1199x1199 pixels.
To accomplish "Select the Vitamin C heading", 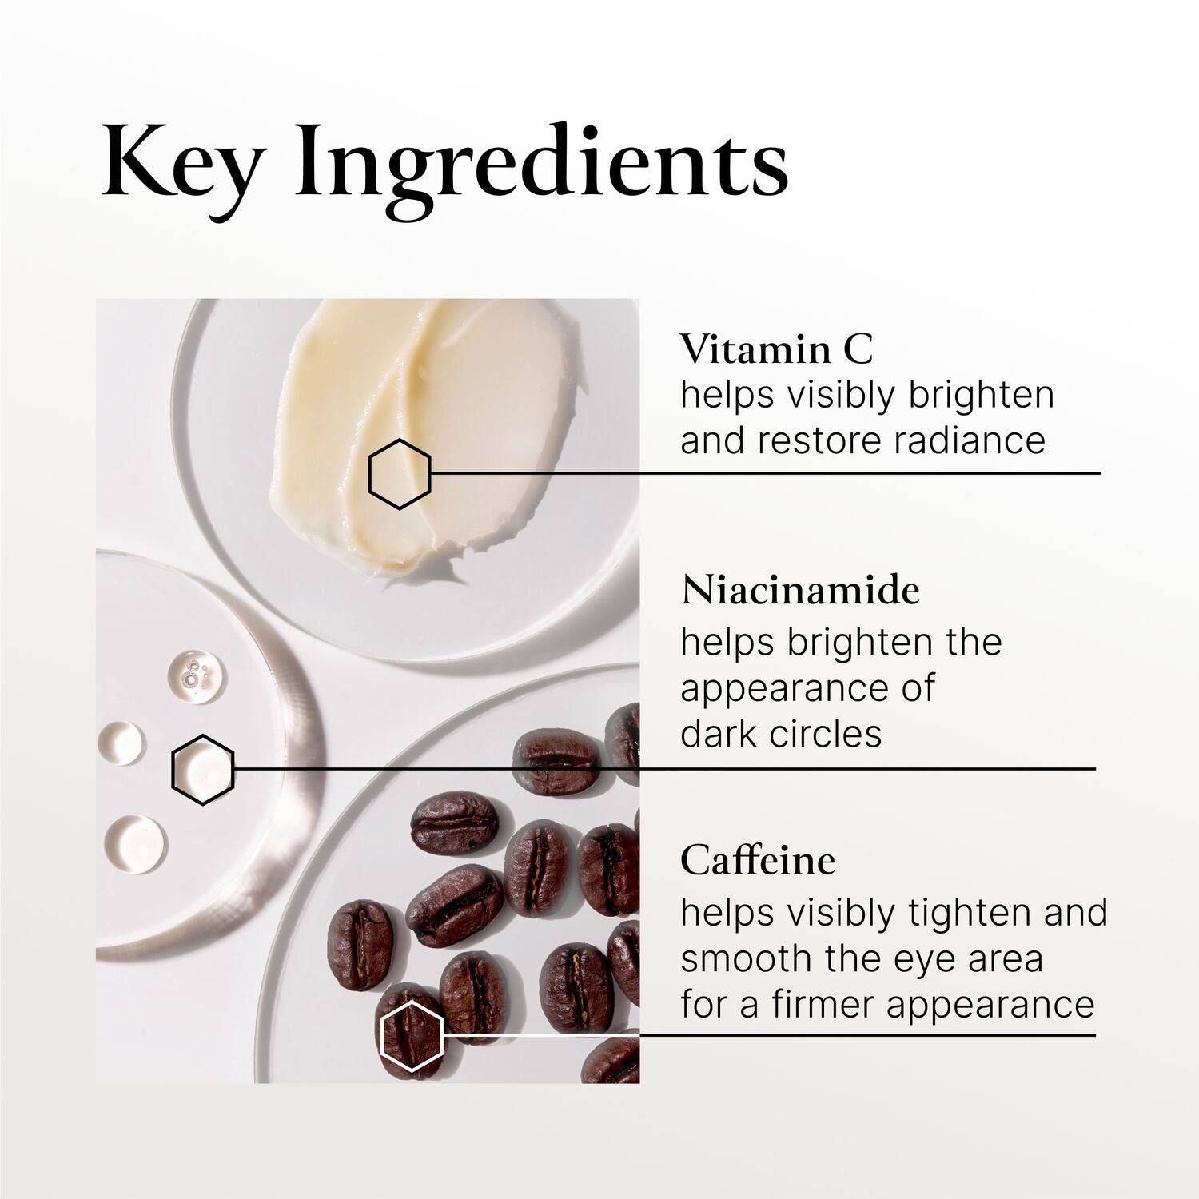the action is click(777, 349).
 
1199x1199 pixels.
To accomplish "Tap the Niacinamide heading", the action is click(800, 591).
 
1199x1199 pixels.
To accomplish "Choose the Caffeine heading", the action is click(758, 861).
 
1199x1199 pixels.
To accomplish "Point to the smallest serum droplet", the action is click(121, 741).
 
